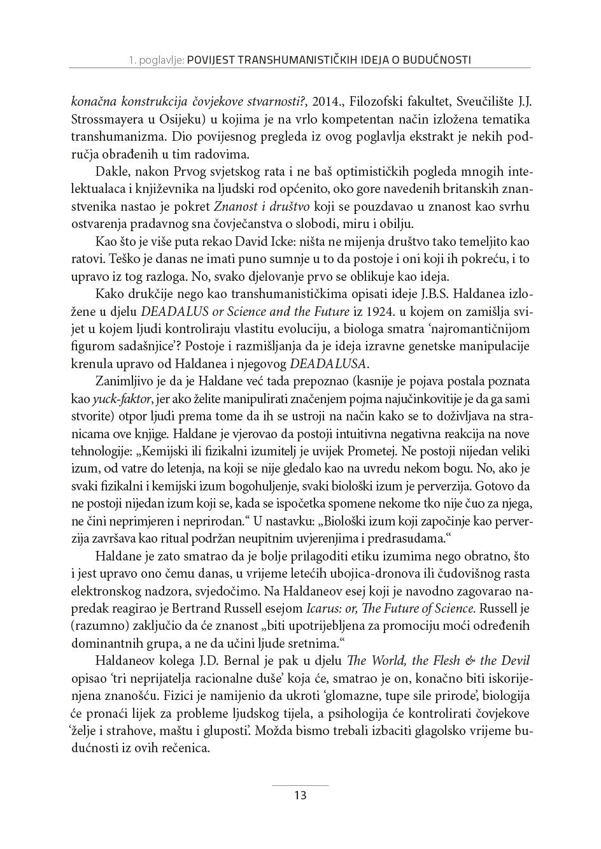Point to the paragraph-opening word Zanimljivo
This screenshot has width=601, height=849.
(122, 382)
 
